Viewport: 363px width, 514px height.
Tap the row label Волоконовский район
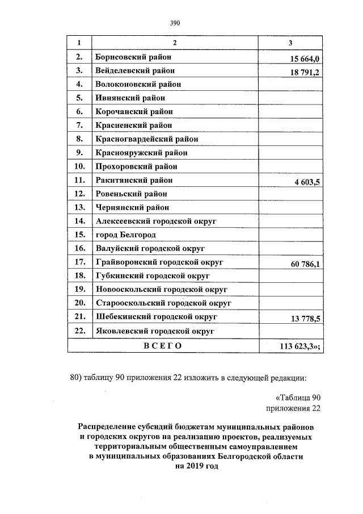pyautogui.click(x=138, y=84)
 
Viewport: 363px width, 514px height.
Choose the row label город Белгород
pyautogui.click(x=126, y=235)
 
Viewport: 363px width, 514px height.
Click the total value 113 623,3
pyautogui.click(x=301, y=346)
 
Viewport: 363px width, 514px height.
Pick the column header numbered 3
pyautogui.click(x=290, y=43)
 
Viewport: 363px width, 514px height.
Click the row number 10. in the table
pyautogui.click(x=79, y=166)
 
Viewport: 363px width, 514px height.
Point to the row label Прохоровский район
pyautogui.click(x=137, y=166)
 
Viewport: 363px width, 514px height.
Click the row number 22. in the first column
pyautogui.click(x=79, y=330)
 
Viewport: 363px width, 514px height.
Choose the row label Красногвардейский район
pyautogui.click(x=147, y=139)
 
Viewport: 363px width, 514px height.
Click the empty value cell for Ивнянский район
pyautogui.click(x=290, y=98)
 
